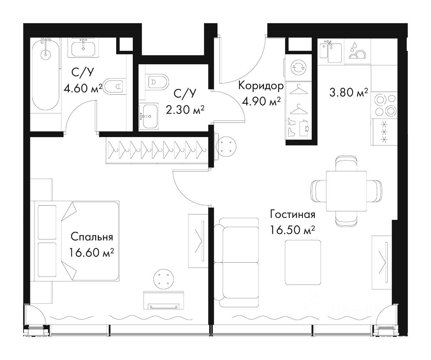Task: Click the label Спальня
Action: pyautogui.click(x=92, y=237)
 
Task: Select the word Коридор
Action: pyautogui.click(x=261, y=86)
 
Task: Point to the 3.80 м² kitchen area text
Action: pyautogui.click(x=349, y=93)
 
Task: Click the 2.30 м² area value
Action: pyautogui.click(x=185, y=110)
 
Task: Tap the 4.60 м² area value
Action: pyautogui.click(x=83, y=89)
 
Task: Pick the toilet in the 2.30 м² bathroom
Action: pyautogui.click(x=156, y=81)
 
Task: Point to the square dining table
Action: pyautogui.click(x=346, y=191)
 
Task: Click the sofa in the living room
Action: pyautogui.click(x=236, y=262)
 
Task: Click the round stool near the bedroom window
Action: pyautogui.click(x=164, y=279)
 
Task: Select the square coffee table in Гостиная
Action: pyautogui.click(x=303, y=262)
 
